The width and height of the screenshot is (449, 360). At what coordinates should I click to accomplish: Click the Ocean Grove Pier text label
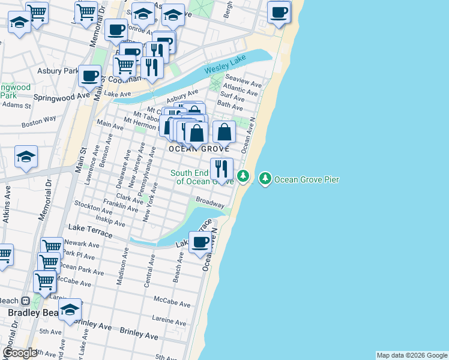(x=307, y=179)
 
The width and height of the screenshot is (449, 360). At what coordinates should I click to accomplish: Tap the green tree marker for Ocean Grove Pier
(x=265, y=178)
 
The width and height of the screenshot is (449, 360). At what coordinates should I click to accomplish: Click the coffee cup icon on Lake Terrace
(x=200, y=242)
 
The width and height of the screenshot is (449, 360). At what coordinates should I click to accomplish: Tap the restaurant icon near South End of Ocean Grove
(x=221, y=169)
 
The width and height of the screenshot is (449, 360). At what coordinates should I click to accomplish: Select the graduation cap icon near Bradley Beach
(x=70, y=310)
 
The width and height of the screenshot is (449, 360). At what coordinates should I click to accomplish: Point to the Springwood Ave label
(x=61, y=96)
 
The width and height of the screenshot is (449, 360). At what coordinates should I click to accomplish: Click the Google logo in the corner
(x=19, y=353)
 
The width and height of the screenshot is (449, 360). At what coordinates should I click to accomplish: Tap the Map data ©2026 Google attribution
(x=411, y=355)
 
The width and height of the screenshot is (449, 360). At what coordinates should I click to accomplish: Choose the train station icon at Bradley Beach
(x=26, y=301)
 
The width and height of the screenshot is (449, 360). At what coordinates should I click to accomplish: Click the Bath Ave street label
(x=230, y=106)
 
